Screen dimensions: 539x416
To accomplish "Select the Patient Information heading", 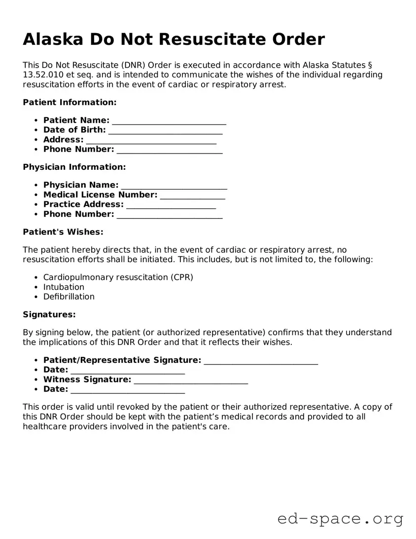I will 69,102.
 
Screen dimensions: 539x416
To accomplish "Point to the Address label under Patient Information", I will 63,140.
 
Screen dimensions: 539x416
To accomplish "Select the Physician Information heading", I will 74,167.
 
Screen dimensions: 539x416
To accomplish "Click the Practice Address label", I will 83,204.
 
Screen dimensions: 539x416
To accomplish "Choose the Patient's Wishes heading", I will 63,232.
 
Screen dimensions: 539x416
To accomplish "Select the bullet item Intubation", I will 64,287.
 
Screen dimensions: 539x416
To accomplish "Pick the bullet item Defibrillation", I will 69,297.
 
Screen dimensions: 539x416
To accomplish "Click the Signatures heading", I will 49,314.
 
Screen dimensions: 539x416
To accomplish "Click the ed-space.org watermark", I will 340,519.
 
